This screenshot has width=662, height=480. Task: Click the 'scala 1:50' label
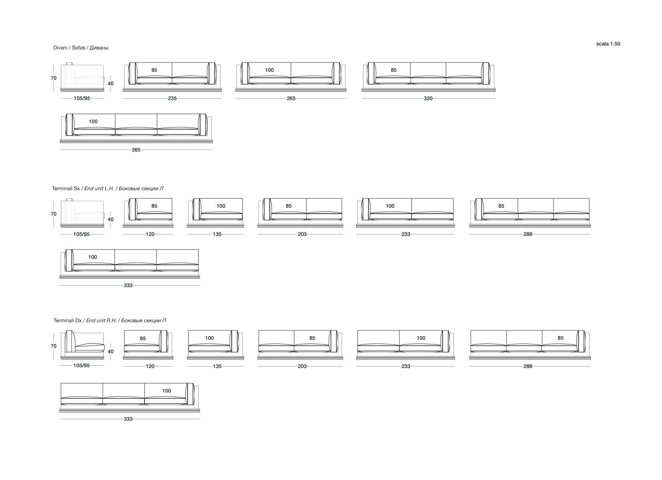[x=608, y=44]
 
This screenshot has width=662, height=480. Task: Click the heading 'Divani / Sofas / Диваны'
[x=81, y=48]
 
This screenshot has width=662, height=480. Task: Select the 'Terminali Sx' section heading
[x=108, y=188]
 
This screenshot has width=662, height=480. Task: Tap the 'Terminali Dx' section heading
[x=110, y=320]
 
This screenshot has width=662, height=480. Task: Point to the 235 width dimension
[x=172, y=98]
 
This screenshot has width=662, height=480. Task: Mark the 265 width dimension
[x=291, y=98]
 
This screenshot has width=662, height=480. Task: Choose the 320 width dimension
[x=428, y=98]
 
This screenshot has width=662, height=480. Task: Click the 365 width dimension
[x=136, y=150]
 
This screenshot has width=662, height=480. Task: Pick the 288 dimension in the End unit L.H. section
[x=528, y=234]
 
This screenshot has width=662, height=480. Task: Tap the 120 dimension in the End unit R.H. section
[x=150, y=366]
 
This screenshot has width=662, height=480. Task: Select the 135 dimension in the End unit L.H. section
[x=217, y=234]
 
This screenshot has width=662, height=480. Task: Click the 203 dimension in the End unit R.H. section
[x=302, y=366]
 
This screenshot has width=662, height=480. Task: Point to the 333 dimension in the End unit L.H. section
[x=128, y=286]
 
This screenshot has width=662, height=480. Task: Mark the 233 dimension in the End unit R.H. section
[x=405, y=366]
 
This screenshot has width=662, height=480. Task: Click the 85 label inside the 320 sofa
[x=393, y=70]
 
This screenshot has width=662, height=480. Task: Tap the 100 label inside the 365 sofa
[x=93, y=122]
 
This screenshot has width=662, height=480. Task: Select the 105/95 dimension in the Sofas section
[x=82, y=98]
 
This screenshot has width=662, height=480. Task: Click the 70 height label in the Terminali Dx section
[x=54, y=346]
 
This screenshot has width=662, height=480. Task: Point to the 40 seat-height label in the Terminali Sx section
[x=111, y=220]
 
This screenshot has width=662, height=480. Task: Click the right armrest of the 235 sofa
[x=212, y=73]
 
